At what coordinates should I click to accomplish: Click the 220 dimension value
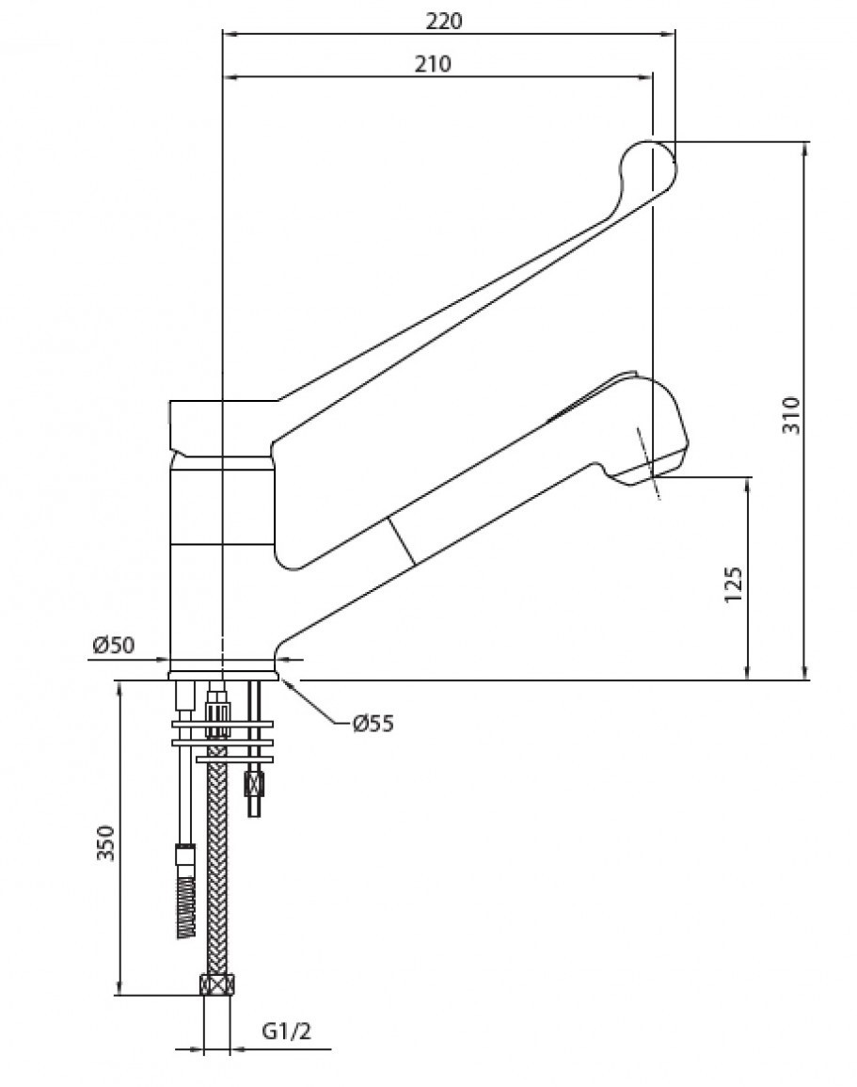[443, 22]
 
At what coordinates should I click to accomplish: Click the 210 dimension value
[433, 64]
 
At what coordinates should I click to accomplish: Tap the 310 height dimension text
[790, 414]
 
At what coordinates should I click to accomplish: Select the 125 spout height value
[733, 584]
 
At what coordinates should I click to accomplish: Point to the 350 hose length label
[105, 843]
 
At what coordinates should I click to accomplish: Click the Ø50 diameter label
[114, 646]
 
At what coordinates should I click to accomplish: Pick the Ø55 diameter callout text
[373, 724]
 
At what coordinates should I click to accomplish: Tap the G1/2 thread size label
[287, 1031]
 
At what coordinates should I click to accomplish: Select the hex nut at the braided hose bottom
[217, 984]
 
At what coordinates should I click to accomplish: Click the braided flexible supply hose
[217, 868]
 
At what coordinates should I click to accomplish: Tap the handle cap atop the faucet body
[223, 427]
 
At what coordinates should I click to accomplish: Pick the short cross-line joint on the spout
[401, 541]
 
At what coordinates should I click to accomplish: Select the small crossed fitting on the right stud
[255, 786]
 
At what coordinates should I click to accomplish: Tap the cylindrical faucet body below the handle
[222, 563]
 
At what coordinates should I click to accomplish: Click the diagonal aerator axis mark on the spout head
[647, 462]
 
